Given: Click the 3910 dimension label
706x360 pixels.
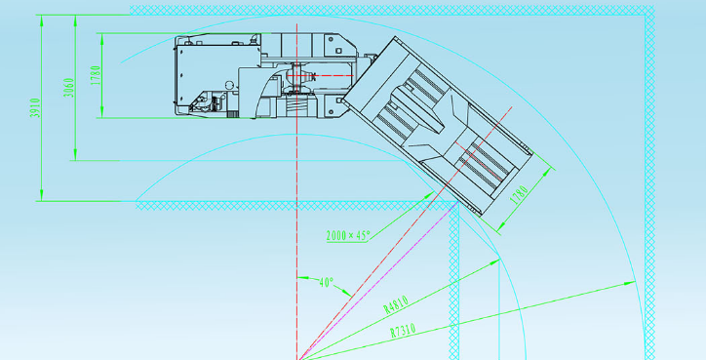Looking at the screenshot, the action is (35, 108).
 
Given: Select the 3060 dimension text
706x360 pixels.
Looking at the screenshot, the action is (68, 88).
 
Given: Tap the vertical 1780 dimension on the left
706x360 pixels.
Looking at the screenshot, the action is (96, 75).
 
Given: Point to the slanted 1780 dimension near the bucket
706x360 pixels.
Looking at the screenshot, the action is (521, 195).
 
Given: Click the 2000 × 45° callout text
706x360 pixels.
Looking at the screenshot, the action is (348, 235).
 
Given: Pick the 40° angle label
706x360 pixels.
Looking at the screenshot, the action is (326, 283).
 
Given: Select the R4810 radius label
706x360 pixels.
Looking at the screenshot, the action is (396, 304).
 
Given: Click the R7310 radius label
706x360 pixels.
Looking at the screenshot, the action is (403, 331).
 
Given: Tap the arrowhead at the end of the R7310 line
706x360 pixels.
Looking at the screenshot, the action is (629, 283).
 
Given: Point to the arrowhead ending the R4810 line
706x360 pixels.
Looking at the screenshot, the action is (494, 261).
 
